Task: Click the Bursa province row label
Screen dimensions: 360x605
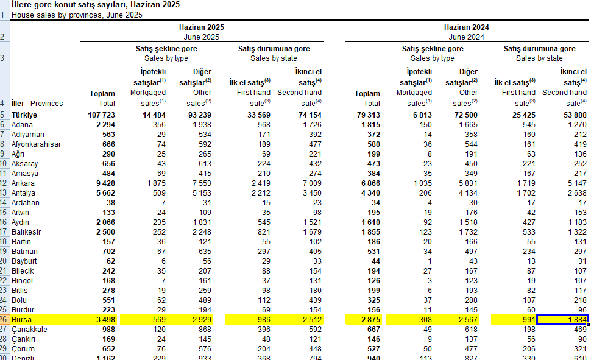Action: pos(23,320)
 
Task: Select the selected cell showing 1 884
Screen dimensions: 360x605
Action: pos(562,320)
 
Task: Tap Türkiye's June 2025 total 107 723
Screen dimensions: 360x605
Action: pos(99,115)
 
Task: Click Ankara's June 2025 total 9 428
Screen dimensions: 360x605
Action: pos(103,183)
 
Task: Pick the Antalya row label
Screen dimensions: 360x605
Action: pos(24,193)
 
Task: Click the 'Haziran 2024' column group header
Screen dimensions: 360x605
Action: pos(466,27)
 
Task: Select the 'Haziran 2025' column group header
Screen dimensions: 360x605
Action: pos(201,27)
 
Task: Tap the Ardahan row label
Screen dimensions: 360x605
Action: pos(26,203)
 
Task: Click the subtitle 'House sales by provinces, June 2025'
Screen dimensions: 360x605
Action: pos(77,15)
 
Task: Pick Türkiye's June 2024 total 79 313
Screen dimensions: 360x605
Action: pos(366,115)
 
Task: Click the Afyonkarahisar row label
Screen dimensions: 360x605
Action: pos(34,144)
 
